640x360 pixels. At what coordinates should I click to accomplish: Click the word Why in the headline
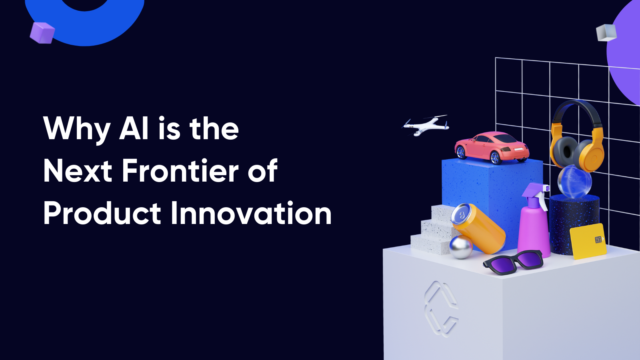tap(76, 129)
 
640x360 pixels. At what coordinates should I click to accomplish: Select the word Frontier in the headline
tap(180, 170)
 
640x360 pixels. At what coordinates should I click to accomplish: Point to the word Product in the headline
tap(102, 213)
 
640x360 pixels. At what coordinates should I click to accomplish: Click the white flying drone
tap(426, 126)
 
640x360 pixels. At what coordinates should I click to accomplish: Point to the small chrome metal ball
tap(461, 246)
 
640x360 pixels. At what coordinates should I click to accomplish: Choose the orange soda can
tap(478, 228)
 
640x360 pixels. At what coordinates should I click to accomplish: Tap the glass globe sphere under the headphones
tap(574, 182)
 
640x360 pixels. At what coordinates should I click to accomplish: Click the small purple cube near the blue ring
tap(42, 32)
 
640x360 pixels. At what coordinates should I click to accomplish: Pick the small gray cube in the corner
tap(606, 32)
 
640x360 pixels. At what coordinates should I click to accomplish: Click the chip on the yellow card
tap(598, 240)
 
